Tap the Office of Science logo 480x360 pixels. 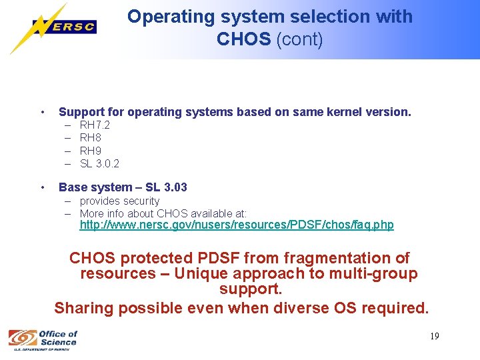43,339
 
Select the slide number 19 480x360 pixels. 434,336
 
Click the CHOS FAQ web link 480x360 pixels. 237,225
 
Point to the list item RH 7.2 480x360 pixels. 95,125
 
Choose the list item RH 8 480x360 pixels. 90,138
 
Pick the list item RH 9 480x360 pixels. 90,151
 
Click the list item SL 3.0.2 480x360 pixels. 99,163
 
